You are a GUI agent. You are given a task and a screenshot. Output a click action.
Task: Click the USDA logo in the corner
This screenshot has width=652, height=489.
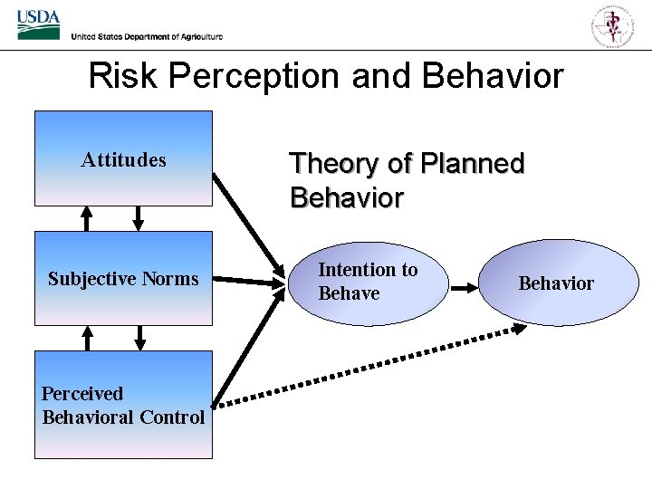tap(38, 24)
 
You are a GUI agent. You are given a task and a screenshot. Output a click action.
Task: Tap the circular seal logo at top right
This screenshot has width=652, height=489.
tap(613, 24)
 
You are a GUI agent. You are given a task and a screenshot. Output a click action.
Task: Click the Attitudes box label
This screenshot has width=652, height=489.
tap(123, 160)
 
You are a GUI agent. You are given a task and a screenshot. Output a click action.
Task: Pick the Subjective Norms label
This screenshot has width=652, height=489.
tap(123, 279)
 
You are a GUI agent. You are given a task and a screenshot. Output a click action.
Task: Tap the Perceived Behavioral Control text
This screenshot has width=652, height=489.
tap(123, 405)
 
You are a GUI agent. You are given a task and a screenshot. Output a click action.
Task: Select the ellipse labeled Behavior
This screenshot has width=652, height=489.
tap(556, 283)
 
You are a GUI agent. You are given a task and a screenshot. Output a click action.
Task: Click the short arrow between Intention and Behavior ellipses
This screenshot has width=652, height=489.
tap(465, 288)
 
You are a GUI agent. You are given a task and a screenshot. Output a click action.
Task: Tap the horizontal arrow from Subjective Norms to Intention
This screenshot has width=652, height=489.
tap(249, 282)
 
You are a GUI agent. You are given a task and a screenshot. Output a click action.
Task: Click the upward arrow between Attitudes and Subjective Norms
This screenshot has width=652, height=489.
tap(87, 218)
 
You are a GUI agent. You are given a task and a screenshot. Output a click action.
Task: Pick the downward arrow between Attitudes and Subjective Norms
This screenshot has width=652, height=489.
tap(139, 218)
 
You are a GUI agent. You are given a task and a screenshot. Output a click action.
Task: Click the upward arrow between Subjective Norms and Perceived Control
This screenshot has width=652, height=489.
tap(87, 338)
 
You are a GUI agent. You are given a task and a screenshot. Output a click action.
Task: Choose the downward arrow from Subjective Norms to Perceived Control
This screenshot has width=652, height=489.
tap(139, 338)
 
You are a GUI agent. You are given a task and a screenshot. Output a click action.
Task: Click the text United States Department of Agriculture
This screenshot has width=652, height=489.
tap(147, 36)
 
